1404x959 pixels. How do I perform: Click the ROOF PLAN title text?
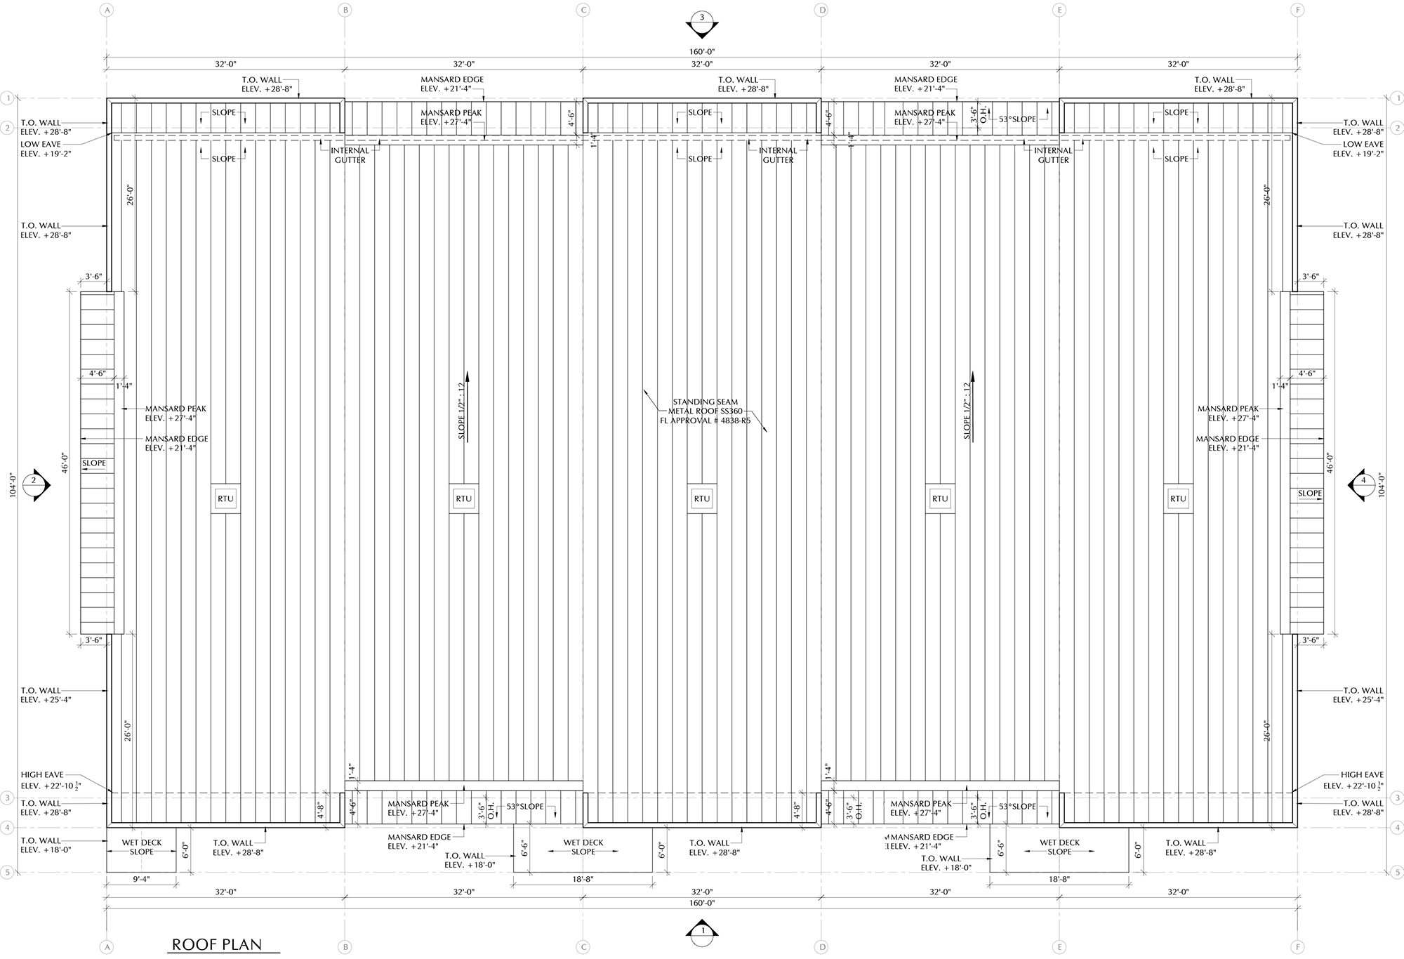point(217,944)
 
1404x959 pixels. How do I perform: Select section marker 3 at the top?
point(701,20)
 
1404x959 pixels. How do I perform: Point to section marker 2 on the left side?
point(34,481)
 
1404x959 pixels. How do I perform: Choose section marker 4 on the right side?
point(1363,481)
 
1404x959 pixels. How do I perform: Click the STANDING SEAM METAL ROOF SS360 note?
point(705,406)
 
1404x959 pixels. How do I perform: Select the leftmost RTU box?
point(225,499)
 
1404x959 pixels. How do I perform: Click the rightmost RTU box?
point(1178,499)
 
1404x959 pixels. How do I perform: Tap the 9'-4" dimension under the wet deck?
point(141,879)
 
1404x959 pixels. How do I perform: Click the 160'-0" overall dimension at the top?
point(701,52)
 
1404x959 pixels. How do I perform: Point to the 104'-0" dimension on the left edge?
point(12,485)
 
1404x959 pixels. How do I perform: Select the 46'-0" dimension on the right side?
point(1330,463)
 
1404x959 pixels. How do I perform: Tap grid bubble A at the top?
point(107,10)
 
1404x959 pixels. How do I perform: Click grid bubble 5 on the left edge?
point(8,873)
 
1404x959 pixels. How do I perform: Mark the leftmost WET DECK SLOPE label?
point(141,847)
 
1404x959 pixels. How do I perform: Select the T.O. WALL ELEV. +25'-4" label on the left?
point(46,695)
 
